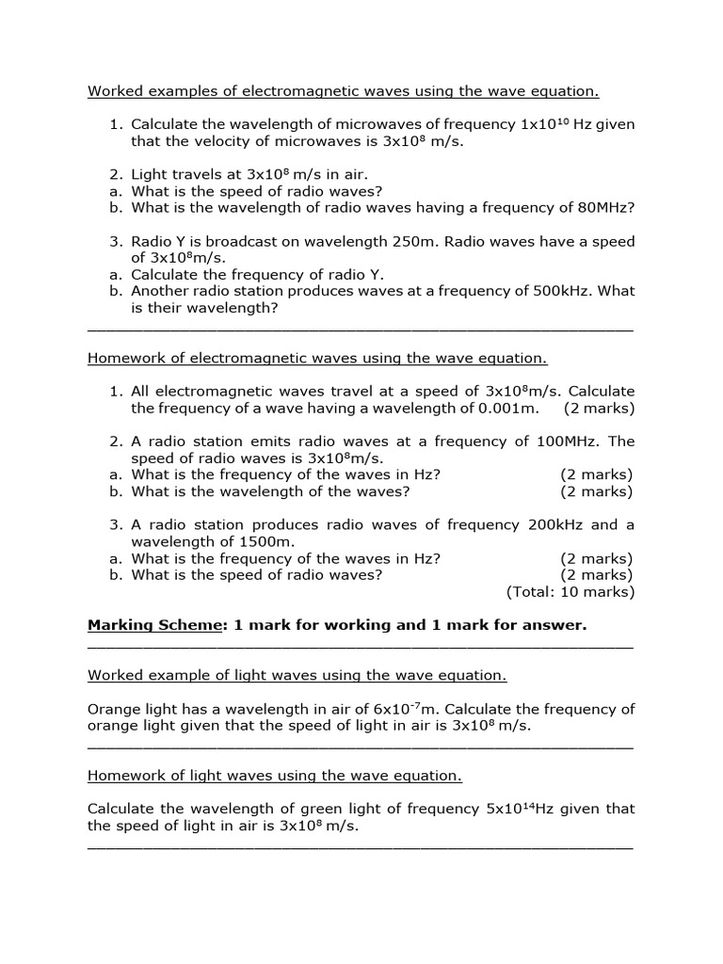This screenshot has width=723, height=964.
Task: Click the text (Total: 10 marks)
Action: tap(570, 592)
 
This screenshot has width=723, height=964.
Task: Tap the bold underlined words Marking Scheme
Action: tap(152, 625)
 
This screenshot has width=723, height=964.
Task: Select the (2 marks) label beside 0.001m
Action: tap(599, 409)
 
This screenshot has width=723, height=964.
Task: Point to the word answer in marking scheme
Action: tap(554, 625)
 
